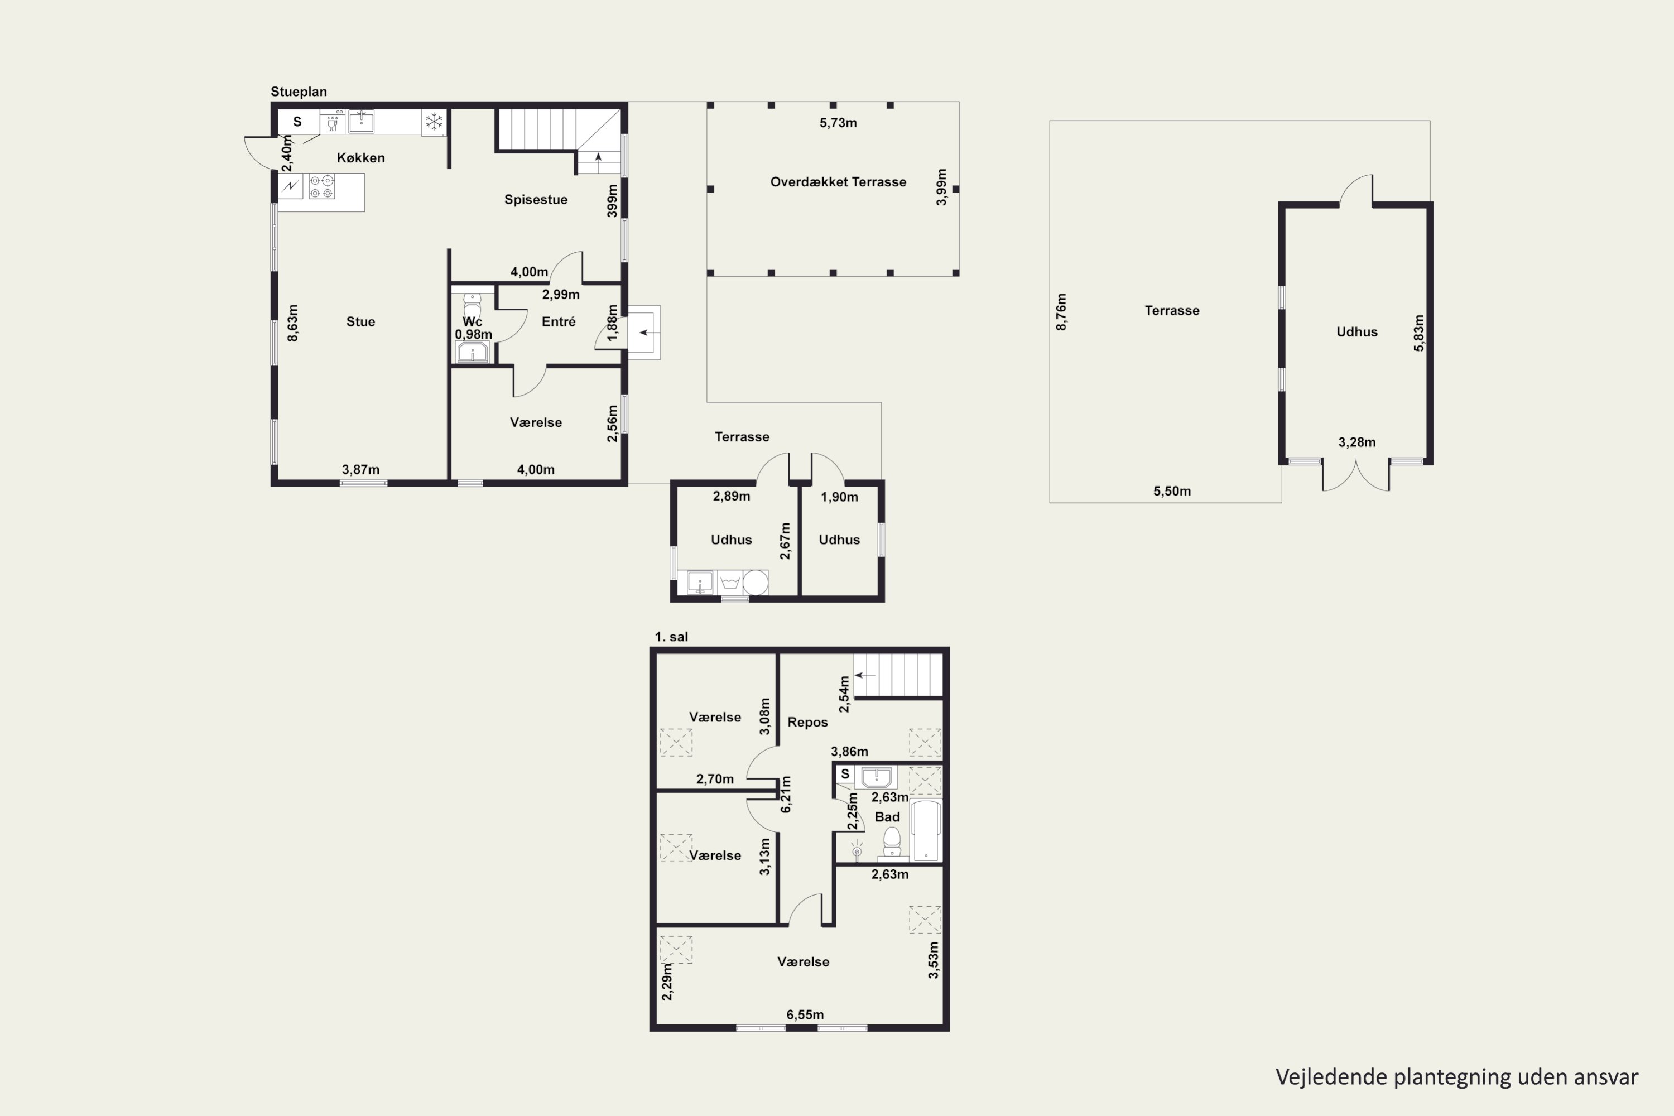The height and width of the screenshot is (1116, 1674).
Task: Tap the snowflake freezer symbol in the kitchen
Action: point(434,122)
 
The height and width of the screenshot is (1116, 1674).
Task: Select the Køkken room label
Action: point(361,158)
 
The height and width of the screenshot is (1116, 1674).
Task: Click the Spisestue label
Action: point(536,200)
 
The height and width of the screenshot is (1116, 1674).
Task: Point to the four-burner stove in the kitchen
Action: point(322,186)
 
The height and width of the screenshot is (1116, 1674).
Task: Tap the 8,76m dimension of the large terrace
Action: point(1061,312)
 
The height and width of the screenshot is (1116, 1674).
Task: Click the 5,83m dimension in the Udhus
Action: point(1418,333)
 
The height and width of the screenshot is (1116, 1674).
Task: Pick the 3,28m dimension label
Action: point(1356,442)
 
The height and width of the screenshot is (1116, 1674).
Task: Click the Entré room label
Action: point(559,322)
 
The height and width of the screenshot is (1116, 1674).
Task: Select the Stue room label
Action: point(361,322)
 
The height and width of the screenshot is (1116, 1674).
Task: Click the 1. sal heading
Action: point(671,637)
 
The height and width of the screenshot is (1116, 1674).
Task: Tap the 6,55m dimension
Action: point(805,1015)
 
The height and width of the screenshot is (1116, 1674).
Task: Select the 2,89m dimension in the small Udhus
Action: point(732,497)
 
